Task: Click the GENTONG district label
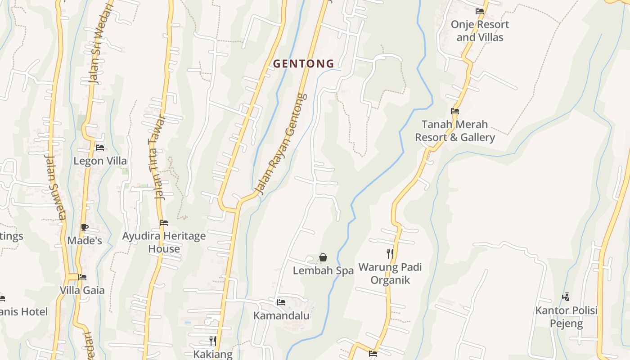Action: (304, 64)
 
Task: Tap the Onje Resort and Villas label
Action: (480, 31)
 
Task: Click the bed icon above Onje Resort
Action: (480, 11)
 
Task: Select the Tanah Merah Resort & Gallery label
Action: (454, 130)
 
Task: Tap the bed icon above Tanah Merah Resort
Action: (455, 111)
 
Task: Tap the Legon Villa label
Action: (100, 161)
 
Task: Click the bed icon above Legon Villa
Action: (100, 147)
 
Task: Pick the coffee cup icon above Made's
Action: (84, 227)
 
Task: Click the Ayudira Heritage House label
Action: (164, 242)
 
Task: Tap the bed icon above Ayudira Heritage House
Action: (164, 223)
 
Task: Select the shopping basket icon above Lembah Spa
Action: (323, 257)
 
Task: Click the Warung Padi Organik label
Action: (390, 274)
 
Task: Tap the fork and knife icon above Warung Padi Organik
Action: (390, 254)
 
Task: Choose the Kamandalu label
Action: (281, 315)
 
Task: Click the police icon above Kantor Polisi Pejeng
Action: (566, 297)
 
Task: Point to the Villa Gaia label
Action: (82, 290)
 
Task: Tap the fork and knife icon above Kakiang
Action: (213, 341)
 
